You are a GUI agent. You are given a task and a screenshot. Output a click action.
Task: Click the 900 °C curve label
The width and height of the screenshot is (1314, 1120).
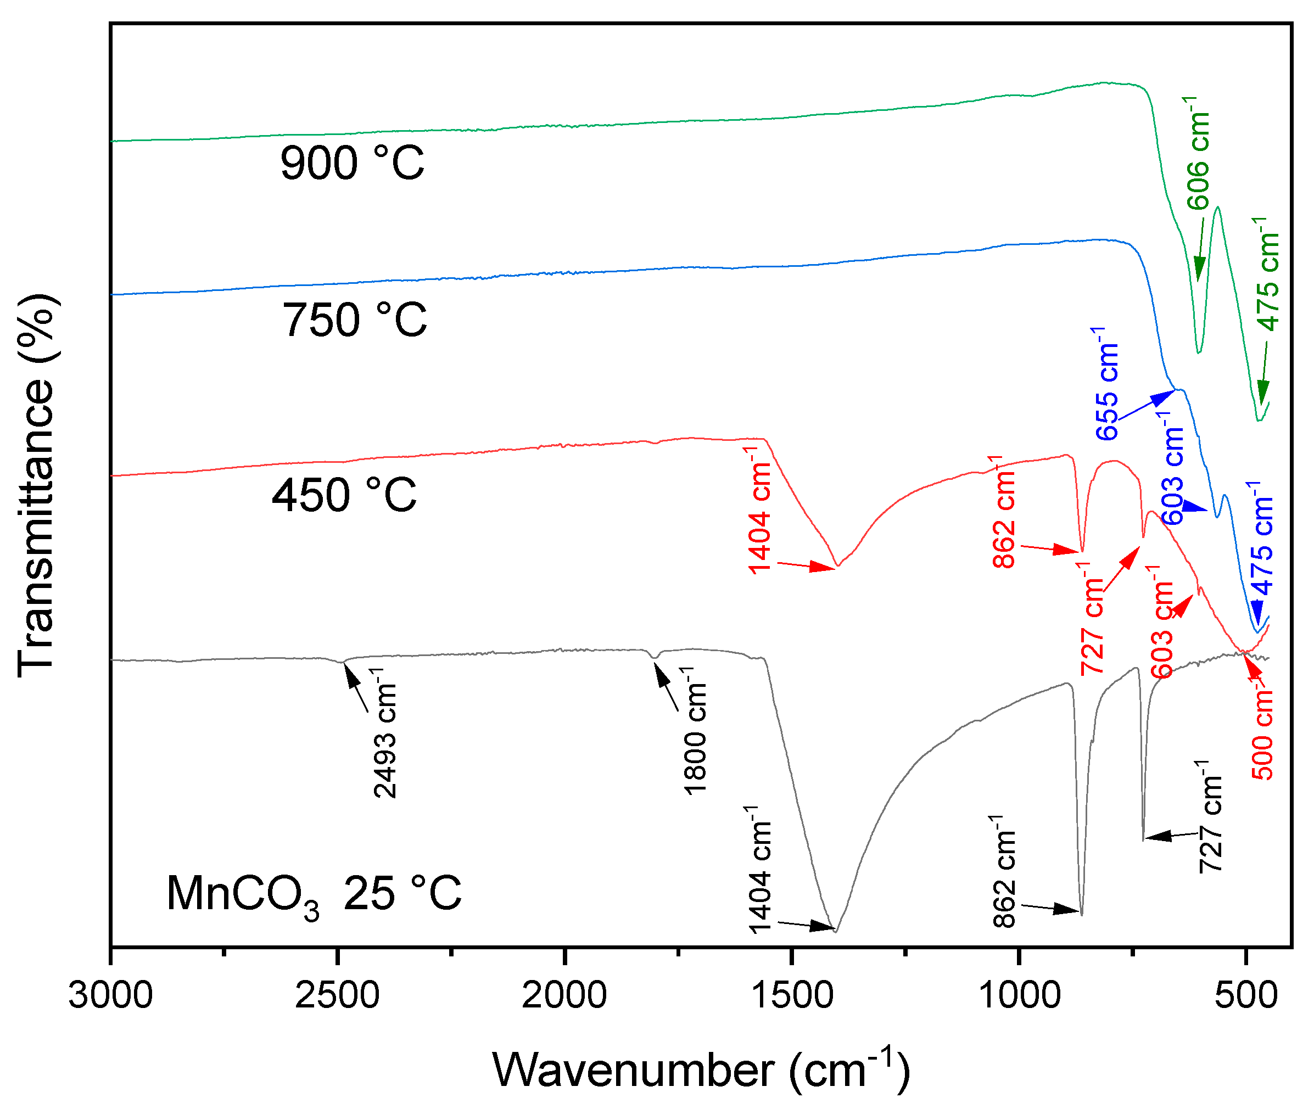coord(352,164)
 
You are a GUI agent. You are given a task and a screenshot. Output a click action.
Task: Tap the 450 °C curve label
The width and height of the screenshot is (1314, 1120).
coord(344,495)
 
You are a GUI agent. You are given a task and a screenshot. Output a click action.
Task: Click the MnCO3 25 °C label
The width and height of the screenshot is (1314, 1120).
coord(314,894)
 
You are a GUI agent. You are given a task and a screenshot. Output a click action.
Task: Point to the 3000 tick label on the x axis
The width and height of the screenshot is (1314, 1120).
coord(110,994)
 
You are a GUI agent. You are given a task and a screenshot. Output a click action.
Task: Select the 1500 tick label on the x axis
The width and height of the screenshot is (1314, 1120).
coord(791,994)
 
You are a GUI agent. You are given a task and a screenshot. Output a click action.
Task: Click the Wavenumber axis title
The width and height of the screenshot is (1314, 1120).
coord(701,1071)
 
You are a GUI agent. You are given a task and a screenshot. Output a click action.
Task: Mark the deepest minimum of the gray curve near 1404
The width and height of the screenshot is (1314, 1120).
coord(836,932)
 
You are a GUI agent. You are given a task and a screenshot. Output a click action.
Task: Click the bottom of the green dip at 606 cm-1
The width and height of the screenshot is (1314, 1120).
coord(1198,352)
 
